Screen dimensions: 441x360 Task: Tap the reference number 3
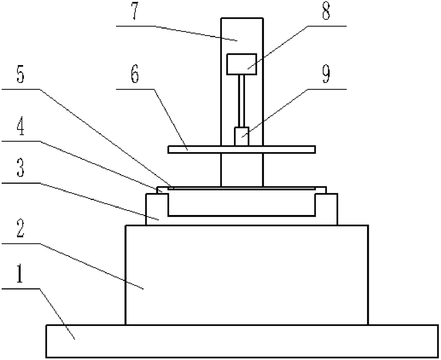point(20,170)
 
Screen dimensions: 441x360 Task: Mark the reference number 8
point(326,13)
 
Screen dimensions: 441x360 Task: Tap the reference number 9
point(326,75)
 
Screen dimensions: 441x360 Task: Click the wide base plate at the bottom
point(242,341)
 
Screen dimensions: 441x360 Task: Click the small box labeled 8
point(242,64)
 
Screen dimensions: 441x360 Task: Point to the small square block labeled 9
point(241,136)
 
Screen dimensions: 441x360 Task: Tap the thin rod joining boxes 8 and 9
point(242,101)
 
